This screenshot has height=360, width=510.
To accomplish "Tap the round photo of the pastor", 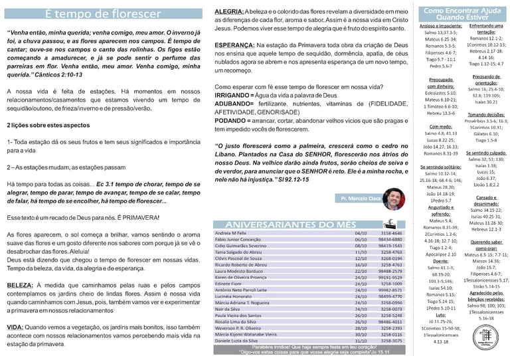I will click(393, 198).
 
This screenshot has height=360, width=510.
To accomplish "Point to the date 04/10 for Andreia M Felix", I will click(361, 234).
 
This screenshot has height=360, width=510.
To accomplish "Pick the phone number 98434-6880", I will click(390, 240).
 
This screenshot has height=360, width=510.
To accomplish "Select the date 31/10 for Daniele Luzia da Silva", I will click(361, 341).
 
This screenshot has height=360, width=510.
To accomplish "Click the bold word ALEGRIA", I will click(229, 13).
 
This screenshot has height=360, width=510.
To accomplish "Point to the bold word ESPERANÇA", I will click(234, 45).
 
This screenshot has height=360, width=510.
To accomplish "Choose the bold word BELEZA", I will click(19, 285).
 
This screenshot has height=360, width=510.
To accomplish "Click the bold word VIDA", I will click(15, 327).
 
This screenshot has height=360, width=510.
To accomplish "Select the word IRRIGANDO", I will click(234, 96).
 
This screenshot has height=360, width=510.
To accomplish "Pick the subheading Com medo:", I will click(441, 126).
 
